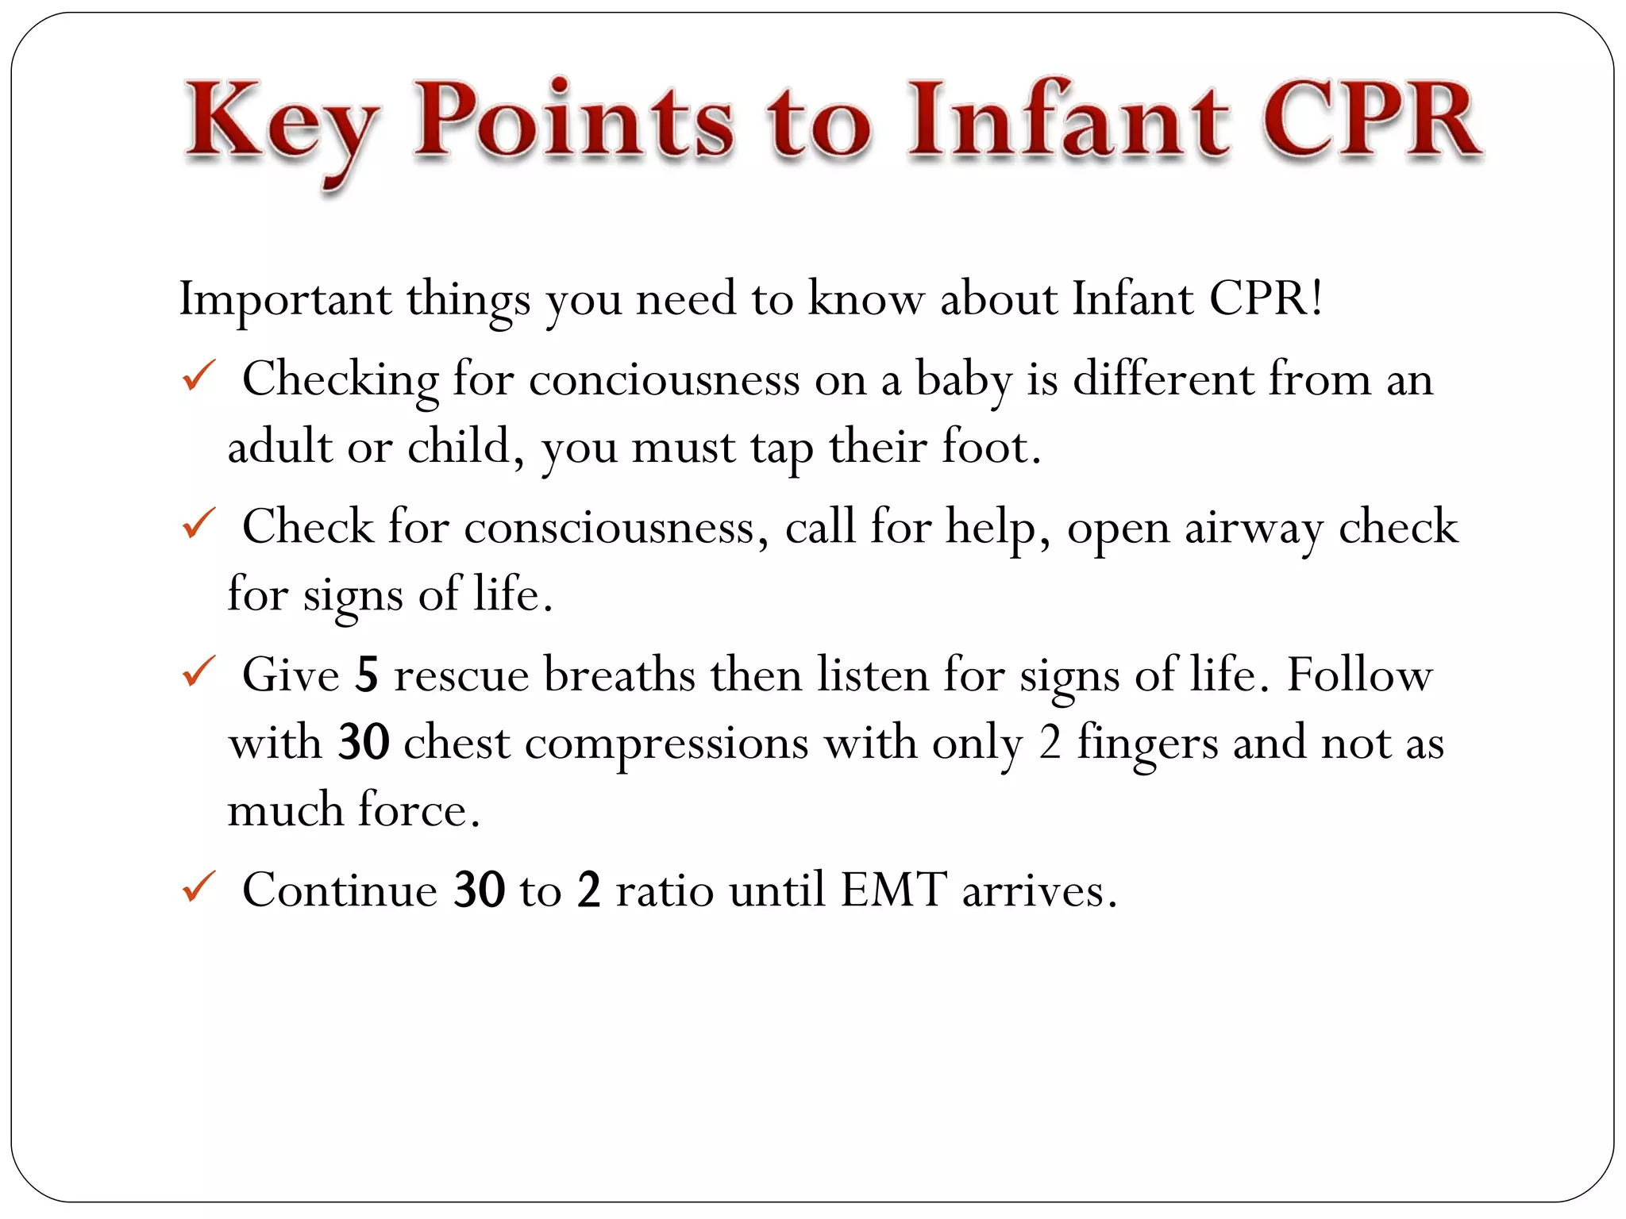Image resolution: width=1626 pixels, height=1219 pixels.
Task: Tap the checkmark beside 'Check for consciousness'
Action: click(198, 524)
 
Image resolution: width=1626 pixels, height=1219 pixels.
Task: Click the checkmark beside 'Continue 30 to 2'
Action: click(198, 886)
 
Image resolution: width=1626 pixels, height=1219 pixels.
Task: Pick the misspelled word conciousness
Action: click(664, 379)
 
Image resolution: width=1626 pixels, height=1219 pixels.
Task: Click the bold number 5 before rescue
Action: click(366, 675)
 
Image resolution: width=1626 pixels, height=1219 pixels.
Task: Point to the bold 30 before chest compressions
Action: click(364, 742)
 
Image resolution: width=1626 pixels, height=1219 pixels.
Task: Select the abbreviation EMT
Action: click(894, 890)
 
